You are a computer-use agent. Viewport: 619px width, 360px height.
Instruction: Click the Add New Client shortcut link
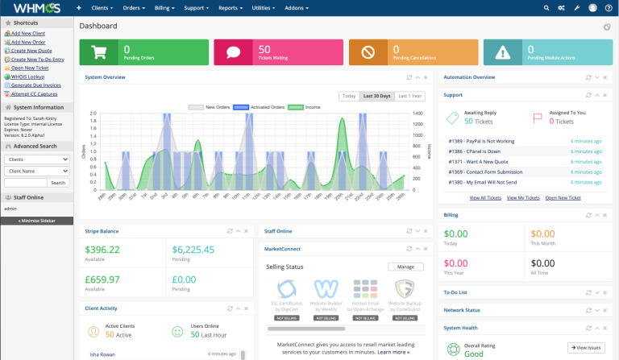click(x=27, y=34)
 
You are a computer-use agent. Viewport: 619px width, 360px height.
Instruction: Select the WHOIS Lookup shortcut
click(x=27, y=77)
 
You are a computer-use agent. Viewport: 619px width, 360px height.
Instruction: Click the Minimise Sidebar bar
click(x=36, y=220)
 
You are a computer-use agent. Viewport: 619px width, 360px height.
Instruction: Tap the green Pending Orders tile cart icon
click(x=100, y=52)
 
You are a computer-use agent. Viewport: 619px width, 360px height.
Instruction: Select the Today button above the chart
click(x=349, y=96)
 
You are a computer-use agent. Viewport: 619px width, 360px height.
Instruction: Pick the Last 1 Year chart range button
click(x=409, y=96)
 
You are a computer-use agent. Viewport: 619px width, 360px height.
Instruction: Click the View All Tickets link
click(x=485, y=197)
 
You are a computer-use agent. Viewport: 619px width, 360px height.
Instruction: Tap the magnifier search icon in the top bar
click(x=542, y=8)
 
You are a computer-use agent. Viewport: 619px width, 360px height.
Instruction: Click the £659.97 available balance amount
click(x=103, y=279)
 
